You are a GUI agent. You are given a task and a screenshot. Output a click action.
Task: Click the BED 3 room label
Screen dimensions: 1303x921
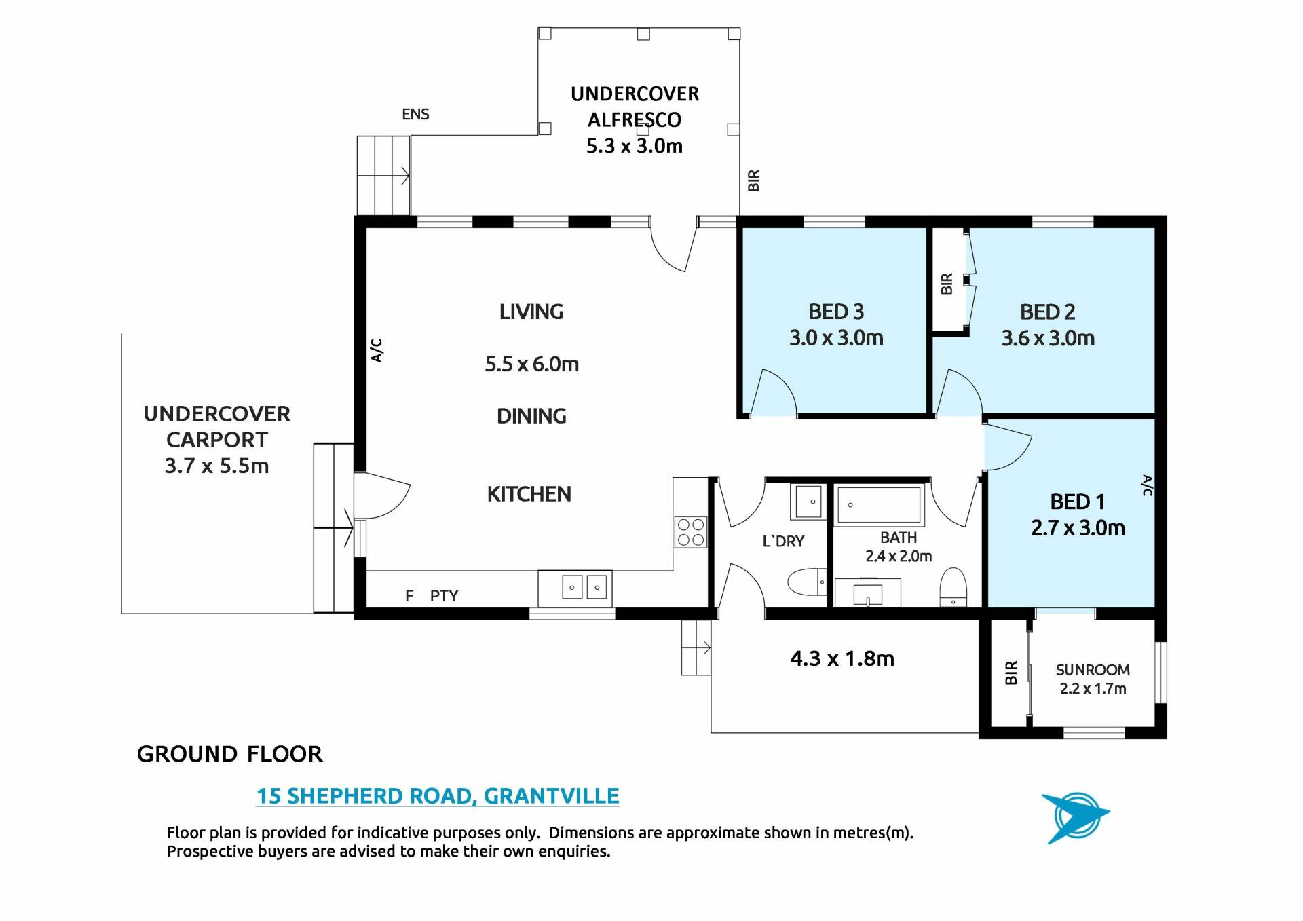tap(836, 312)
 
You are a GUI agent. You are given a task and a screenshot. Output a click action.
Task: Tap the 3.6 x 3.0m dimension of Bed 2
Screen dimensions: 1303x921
tap(1048, 338)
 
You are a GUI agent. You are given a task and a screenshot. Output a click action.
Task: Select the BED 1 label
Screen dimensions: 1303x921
tap(1077, 502)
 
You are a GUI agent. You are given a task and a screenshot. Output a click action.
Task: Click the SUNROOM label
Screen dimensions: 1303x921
tap(1093, 670)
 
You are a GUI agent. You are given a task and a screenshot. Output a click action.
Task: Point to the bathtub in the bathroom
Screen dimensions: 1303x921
tap(879, 505)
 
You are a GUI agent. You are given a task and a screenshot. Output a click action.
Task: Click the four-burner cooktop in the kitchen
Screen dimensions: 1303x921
tap(690, 532)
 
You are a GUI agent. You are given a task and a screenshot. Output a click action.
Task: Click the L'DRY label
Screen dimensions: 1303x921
tap(783, 541)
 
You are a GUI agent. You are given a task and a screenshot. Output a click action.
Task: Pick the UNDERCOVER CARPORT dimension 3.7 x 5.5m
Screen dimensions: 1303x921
tap(216, 466)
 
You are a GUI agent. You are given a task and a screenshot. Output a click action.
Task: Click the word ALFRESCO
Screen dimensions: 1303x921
tap(635, 120)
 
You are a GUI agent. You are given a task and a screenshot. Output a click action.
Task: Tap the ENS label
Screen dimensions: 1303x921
tap(415, 114)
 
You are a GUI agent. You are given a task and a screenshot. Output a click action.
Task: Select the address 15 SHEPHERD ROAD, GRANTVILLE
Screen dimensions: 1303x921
tap(438, 795)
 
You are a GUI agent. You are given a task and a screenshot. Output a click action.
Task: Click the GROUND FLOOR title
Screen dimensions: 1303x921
tap(230, 754)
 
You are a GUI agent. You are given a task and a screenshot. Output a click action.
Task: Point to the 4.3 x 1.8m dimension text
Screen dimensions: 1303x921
tap(842, 658)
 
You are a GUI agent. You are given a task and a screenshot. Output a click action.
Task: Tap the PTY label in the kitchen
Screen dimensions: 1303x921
tap(444, 596)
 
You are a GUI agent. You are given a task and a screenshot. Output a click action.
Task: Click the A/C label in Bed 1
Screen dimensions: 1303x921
tap(1147, 485)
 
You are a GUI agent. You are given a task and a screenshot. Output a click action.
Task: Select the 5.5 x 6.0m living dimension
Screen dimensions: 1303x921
tap(531, 364)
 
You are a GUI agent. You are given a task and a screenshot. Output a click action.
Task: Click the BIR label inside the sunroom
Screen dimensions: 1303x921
tap(1011, 673)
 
